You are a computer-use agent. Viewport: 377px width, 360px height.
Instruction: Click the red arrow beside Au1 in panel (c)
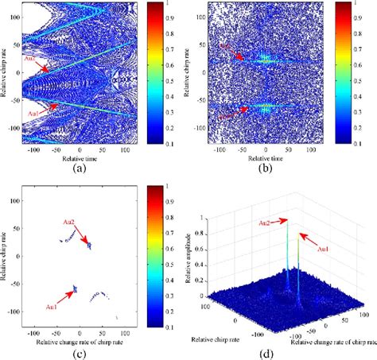point(64,296)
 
